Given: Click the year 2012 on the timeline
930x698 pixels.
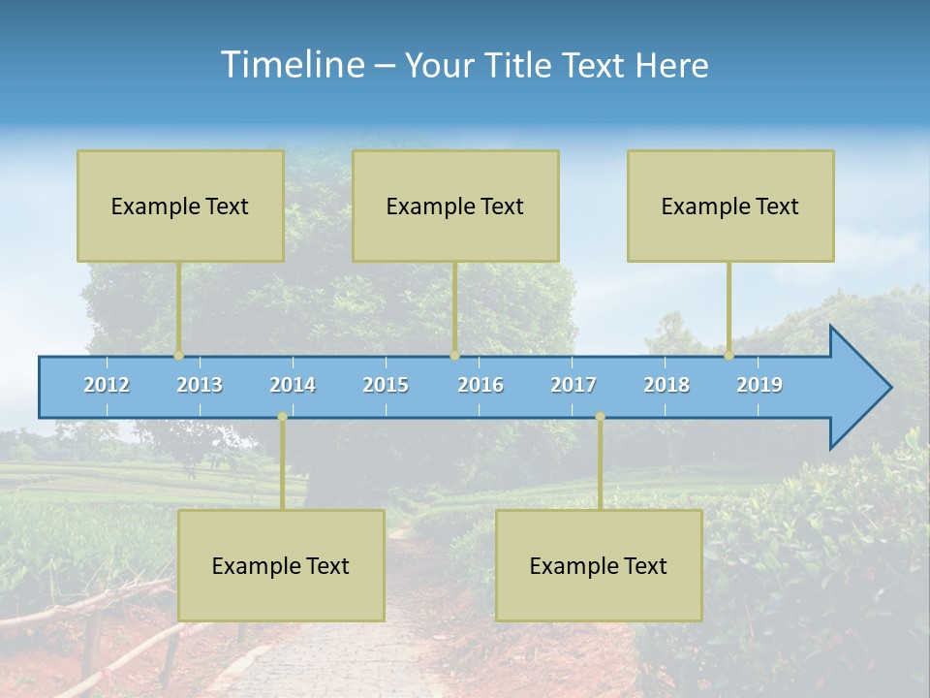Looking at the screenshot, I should point(107,385).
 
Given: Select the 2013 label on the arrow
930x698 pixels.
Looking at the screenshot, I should point(200,385).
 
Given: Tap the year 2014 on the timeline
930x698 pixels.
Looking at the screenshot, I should point(293,385).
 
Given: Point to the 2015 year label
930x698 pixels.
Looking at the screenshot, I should point(386,385).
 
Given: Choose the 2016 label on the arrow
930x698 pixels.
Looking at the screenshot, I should point(480,385).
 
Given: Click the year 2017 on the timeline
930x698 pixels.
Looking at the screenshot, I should point(573,385).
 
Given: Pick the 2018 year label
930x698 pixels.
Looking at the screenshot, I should point(666,385).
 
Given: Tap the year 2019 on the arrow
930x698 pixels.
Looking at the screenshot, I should point(759,385).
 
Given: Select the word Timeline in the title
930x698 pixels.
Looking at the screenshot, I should point(291,65).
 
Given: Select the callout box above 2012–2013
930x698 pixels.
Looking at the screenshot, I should point(180,206).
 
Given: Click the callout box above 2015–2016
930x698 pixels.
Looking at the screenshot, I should point(455,206).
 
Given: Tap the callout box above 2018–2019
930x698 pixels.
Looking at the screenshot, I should point(730,206).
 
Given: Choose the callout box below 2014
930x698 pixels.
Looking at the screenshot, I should point(281,565).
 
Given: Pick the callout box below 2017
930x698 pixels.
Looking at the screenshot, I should point(599,565).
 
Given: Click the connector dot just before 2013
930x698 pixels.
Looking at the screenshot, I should point(179,356).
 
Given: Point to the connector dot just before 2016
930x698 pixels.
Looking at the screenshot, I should point(454,356).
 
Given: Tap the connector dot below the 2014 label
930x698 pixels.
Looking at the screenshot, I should point(282,417).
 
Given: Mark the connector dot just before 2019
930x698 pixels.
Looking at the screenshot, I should point(728,356).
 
